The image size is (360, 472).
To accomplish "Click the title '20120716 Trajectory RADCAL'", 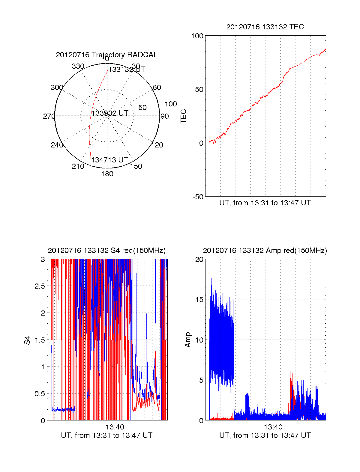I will pyautogui.click(x=106, y=55).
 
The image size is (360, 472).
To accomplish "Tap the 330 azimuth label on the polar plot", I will pyautogui.click(x=78, y=66).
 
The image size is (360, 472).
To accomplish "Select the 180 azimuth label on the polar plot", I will pyautogui.click(x=107, y=174).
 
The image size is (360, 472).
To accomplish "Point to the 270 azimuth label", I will pyautogui.click(x=49, y=116).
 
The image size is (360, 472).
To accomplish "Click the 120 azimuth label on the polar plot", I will pyautogui.click(x=157, y=145).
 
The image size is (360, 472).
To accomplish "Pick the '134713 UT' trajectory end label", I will pyautogui.click(x=109, y=160).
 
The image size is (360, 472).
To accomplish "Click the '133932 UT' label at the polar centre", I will pyautogui.click(x=110, y=113).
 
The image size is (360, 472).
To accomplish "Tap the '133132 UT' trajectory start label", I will pyautogui.click(x=127, y=70).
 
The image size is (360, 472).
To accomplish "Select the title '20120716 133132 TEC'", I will pyautogui.click(x=265, y=27).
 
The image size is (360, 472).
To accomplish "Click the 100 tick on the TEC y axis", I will pyautogui.click(x=197, y=36).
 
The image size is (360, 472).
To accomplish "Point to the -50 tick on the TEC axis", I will pyautogui.click(x=198, y=197).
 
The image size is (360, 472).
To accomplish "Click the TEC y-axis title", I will pyautogui.click(x=183, y=116).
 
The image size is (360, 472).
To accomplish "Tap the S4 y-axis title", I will pyautogui.click(x=27, y=340).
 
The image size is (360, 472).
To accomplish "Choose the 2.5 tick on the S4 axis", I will pyautogui.click(x=40, y=286).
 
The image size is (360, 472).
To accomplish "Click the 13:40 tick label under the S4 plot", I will pyautogui.click(x=115, y=427).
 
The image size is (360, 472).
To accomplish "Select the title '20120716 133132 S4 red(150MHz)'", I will pyautogui.click(x=106, y=251).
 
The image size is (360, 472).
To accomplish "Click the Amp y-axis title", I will pyautogui.click(x=188, y=340).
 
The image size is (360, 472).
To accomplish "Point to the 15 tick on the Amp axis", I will pyautogui.click(x=199, y=300).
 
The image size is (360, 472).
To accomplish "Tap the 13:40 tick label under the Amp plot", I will pyautogui.click(x=273, y=427).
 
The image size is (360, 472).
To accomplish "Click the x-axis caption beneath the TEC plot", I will pyautogui.click(x=265, y=203).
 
